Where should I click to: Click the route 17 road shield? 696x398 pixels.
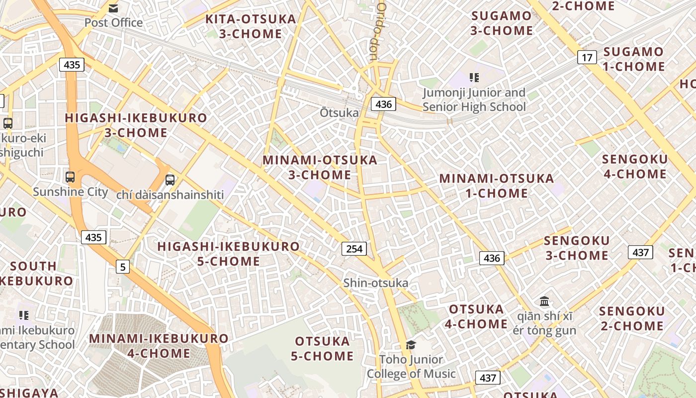(587, 57)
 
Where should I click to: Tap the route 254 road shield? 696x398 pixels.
(354, 248)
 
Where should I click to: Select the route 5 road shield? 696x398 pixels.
(122, 267)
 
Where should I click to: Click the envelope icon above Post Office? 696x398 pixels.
(113, 8)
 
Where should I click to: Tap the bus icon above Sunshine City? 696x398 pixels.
(70, 177)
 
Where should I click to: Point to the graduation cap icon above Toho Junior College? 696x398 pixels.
(411, 345)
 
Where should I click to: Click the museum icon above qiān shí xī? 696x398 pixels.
(544, 301)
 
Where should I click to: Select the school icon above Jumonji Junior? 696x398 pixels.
(474, 78)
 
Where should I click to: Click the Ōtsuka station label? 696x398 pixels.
(339, 113)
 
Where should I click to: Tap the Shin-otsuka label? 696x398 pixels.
(376, 283)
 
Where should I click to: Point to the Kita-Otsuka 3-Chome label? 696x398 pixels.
(251, 26)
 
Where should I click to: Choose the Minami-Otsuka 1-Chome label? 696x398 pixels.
(496, 186)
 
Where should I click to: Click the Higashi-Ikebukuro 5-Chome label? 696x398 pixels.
(229, 254)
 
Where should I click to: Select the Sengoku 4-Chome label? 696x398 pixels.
(634, 167)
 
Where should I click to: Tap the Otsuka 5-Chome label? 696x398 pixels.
(324, 349)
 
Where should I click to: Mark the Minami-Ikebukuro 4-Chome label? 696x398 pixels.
(159, 346)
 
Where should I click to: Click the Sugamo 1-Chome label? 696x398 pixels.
(633, 59)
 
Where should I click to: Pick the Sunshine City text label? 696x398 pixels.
(70, 192)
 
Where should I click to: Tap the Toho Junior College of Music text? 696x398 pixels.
(411, 367)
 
